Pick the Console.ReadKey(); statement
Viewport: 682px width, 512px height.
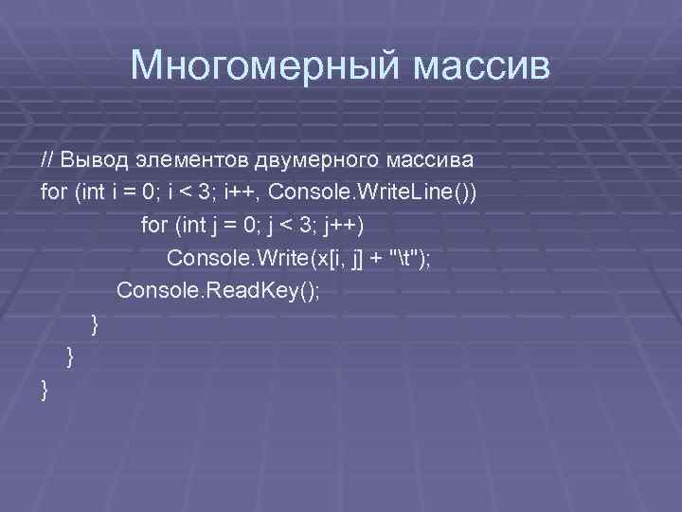pos(218,290)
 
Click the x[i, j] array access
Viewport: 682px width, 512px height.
pos(340,258)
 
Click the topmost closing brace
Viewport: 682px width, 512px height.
pos(94,325)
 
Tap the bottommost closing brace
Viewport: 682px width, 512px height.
pos(45,390)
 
